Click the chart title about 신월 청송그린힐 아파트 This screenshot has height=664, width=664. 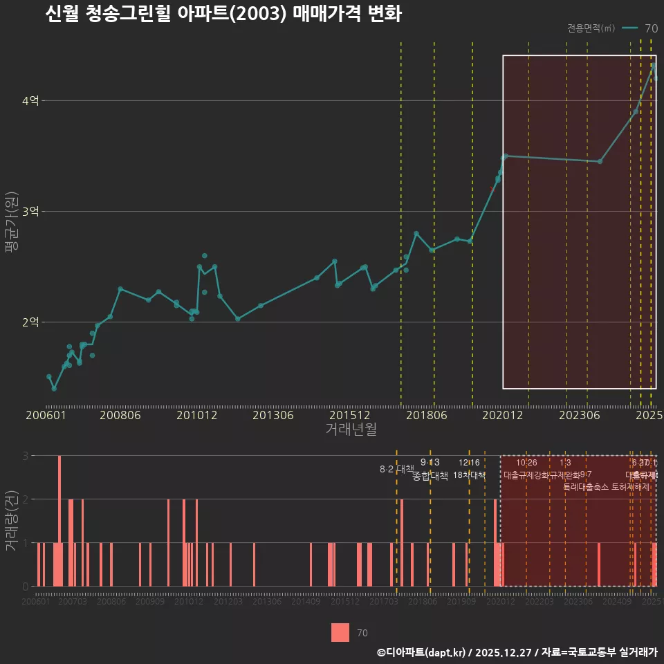click(x=223, y=15)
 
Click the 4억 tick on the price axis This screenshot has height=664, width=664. click(x=30, y=101)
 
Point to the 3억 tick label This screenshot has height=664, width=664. click(x=30, y=212)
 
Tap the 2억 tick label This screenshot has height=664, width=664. click(x=30, y=322)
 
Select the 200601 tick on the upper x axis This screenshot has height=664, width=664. click(x=45, y=416)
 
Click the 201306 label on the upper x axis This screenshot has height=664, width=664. click(x=274, y=416)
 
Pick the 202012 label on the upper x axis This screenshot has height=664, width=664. click(x=502, y=416)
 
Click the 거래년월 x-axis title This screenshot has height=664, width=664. click(x=351, y=430)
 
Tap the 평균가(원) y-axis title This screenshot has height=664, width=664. click(x=12, y=221)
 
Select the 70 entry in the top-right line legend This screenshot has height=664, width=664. click(x=651, y=28)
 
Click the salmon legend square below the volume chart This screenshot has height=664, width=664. click(x=340, y=632)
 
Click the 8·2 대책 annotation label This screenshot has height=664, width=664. click(x=396, y=469)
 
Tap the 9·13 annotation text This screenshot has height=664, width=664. click(x=430, y=463)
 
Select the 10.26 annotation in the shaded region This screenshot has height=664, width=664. click(x=526, y=463)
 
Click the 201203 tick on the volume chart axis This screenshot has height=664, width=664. click(x=228, y=602)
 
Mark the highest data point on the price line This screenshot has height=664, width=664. click(x=653, y=66)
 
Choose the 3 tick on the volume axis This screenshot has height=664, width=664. click(x=26, y=456)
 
